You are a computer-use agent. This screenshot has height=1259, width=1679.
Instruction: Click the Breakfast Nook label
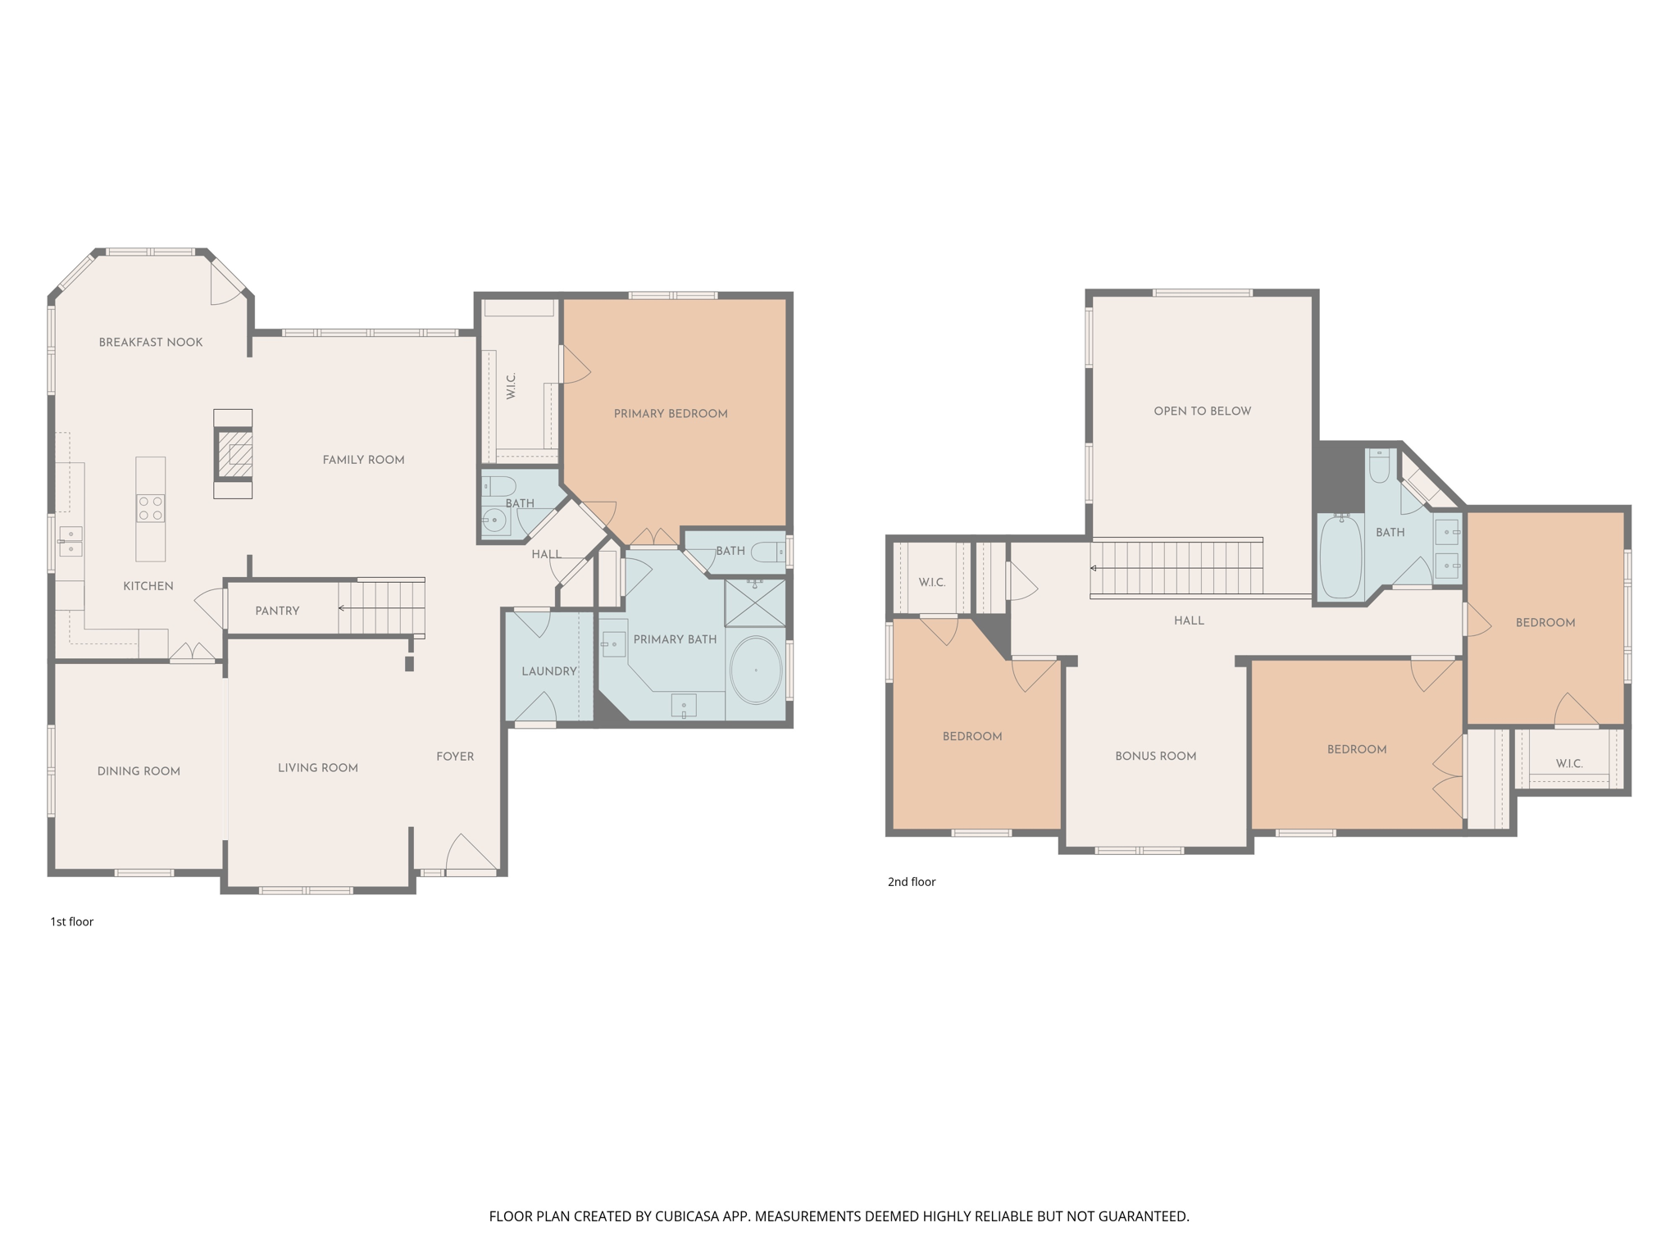point(150,343)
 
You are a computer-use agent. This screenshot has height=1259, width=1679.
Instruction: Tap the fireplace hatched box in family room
point(234,454)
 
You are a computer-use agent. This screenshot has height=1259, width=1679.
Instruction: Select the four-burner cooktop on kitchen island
point(150,508)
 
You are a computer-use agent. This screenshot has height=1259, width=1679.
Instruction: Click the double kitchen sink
point(70,542)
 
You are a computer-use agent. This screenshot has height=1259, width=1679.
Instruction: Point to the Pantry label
point(277,611)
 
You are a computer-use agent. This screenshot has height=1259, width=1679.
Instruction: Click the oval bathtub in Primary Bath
point(755,670)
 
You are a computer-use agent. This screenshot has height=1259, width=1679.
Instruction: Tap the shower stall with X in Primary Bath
point(755,603)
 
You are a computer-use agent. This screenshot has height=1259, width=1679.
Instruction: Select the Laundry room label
point(548,671)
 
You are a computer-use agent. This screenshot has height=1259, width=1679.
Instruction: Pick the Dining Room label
point(139,771)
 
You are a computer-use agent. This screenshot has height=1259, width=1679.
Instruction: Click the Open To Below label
point(1202,411)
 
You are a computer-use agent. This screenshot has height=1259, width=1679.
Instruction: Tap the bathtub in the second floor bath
point(1340,556)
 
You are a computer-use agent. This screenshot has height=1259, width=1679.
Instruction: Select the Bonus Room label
point(1155,757)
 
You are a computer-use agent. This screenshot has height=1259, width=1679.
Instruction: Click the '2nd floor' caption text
point(911,882)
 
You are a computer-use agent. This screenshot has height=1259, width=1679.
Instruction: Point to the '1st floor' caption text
point(72,922)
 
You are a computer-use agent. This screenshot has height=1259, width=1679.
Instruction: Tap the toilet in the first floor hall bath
point(498,486)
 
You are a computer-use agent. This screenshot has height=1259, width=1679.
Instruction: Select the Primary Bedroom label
point(671,414)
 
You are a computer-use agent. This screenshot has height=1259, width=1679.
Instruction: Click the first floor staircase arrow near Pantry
point(342,608)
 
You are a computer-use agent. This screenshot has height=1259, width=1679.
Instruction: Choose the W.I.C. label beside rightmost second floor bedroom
point(1568,764)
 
